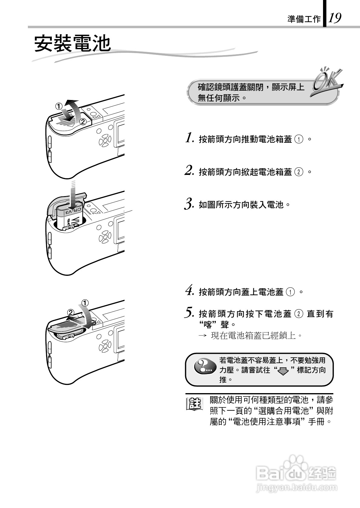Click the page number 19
point(335,18)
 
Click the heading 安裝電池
point(72,44)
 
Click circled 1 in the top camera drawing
point(58,106)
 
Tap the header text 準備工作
point(304,19)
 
